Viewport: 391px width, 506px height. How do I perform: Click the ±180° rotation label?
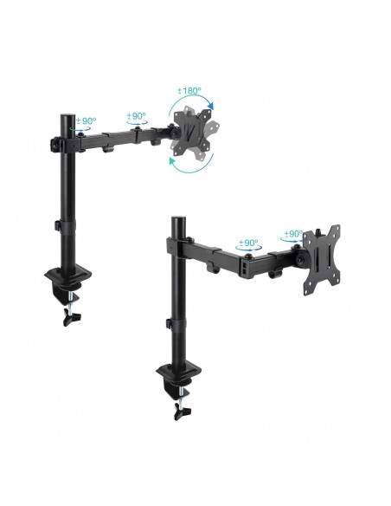189,91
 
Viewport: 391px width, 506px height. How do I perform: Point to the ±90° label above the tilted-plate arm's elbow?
138,114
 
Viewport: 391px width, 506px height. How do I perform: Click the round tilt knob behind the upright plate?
300,258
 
